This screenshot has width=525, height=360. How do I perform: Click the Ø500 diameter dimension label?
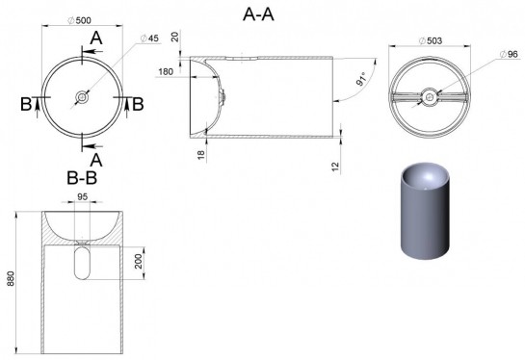tap(79, 20)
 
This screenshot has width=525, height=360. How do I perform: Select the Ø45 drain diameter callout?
tap(149, 39)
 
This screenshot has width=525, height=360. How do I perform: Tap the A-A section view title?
tap(258, 14)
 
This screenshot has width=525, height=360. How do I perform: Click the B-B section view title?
tap(82, 178)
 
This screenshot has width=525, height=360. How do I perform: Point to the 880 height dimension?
tap(11, 278)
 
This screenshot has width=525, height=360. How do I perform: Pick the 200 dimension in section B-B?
tap(139, 261)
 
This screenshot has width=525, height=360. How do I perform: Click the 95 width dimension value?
tap(82, 196)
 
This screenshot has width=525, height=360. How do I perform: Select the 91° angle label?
tap(361, 79)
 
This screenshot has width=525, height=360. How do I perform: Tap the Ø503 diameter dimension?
tap(431, 40)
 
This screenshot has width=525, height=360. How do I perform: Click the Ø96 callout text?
tap(509, 54)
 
